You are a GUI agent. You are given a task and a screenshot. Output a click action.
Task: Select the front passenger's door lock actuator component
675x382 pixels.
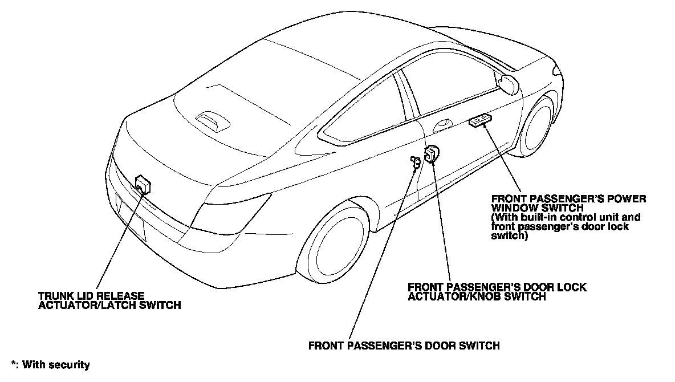click(432, 154)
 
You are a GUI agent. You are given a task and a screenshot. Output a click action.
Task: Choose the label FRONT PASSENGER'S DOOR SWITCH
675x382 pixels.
click(404, 346)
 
